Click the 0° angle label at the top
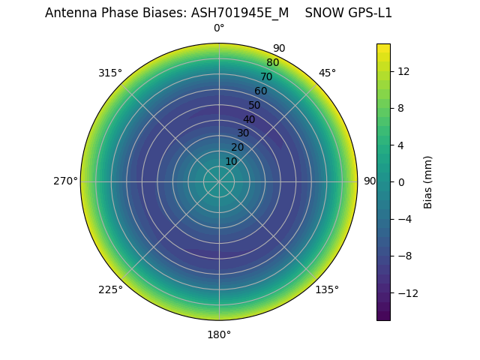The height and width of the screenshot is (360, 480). click(x=219, y=28)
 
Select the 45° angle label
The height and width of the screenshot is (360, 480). click(x=327, y=73)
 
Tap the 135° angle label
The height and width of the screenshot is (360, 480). click(x=327, y=289)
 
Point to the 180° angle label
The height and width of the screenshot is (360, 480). click(x=219, y=334)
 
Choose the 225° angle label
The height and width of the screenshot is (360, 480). click(x=110, y=289)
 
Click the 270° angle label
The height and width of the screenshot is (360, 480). click(x=65, y=181)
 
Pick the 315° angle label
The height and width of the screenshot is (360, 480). click(x=110, y=73)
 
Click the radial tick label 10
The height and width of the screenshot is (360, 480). click(x=231, y=161)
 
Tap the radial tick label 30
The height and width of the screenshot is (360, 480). click(x=243, y=133)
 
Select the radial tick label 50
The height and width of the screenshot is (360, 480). click(x=255, y=105)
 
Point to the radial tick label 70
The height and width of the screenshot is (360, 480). click(x=266, y=76)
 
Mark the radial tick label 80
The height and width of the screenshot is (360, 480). click(x=272, y=62)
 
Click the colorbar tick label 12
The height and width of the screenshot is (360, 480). click(x=402, y=71)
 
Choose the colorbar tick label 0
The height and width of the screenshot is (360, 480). click(x=400, y=182)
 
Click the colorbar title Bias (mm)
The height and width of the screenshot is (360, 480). click(x=428, y=182)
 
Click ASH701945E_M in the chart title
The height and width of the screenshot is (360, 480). click(x=240, y=13)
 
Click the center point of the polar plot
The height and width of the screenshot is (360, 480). click(x=219, y=181)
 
